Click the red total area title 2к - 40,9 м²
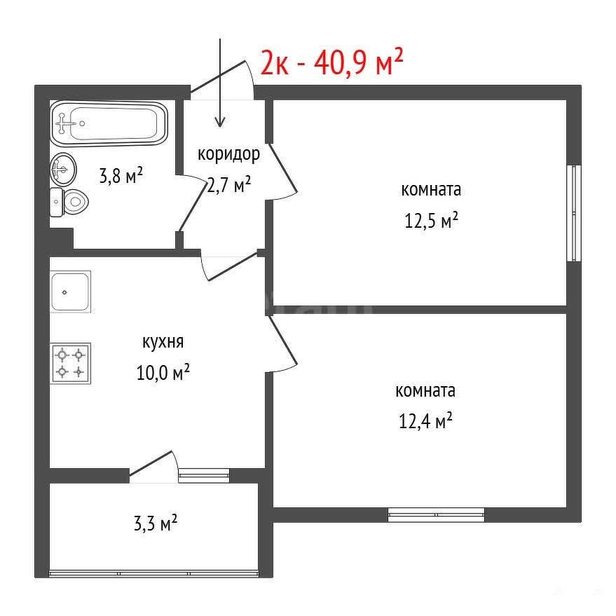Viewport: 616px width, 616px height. (332, 62)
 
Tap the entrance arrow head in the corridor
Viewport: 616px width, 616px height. (220, 122)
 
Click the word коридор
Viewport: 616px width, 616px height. (228, 154)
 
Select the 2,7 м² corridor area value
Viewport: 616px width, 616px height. (228, 184)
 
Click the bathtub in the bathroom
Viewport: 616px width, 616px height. (109, 123)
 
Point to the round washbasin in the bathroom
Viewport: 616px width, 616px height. (63, 170)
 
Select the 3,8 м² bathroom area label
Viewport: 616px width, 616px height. (121, 176)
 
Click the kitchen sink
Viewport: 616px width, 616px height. (70, 292)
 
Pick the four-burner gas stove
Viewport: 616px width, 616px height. (70, 364)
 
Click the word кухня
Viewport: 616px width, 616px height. (163, 343)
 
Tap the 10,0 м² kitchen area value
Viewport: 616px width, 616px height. (163, 372)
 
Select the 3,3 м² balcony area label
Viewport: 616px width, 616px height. (156, 523)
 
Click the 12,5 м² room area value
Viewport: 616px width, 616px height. (432, 220)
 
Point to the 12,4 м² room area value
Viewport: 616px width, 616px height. (426, 420)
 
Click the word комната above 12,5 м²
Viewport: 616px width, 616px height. (431, 190)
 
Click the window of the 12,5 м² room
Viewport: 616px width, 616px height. (574, 213)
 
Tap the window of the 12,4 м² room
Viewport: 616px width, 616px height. (436, 514)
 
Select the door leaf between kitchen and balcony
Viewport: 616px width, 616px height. (151, 466)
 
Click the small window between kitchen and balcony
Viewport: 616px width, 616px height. (204, 475)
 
